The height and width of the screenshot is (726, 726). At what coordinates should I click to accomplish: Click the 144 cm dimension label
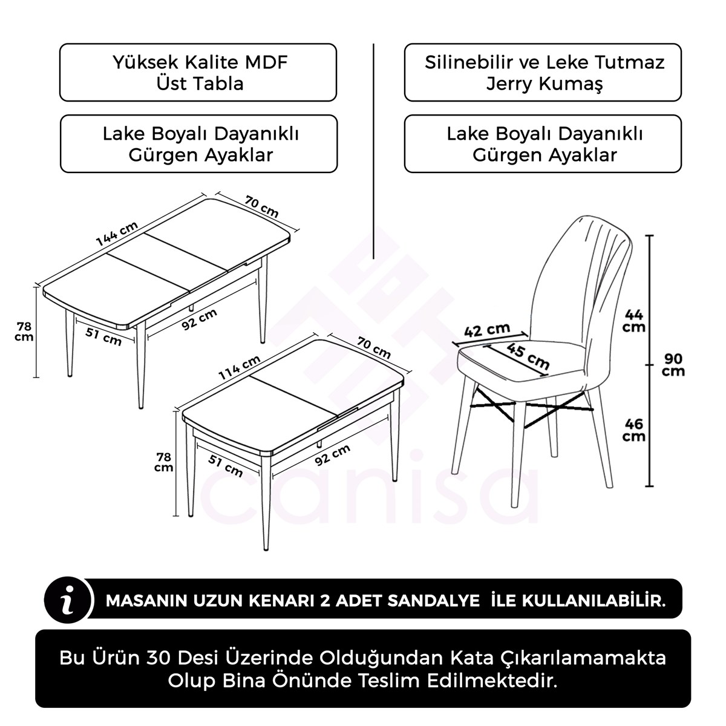click(x=117, y=234)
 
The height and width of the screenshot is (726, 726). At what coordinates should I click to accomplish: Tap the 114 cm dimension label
click(x=239, y=367)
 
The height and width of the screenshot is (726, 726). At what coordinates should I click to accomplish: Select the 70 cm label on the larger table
click(x=262, y=206)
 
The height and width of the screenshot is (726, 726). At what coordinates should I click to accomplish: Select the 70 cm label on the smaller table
click(x=373, y=347)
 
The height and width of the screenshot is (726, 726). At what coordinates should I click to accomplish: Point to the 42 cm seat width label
click(x=487, y=330)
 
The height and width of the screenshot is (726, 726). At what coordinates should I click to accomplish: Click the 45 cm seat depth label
click(x=528, y=357)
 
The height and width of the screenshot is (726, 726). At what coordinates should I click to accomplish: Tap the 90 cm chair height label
click(x=673, y=365)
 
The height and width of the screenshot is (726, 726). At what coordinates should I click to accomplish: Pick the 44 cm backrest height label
click(x=634, y=321)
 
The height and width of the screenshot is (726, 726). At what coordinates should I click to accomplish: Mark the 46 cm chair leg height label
click(x=634, y=430)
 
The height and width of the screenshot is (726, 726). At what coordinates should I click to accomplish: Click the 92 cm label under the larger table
click(x=199, y=320)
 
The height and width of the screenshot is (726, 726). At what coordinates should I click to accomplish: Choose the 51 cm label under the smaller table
click(x=226, y=465)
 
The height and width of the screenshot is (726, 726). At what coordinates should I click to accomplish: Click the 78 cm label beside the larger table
click(x=24, y=331)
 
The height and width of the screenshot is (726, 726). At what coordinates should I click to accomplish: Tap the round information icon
click(x=68, y=599)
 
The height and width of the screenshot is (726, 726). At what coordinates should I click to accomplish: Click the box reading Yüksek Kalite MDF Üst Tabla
click(x=198, y=73)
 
